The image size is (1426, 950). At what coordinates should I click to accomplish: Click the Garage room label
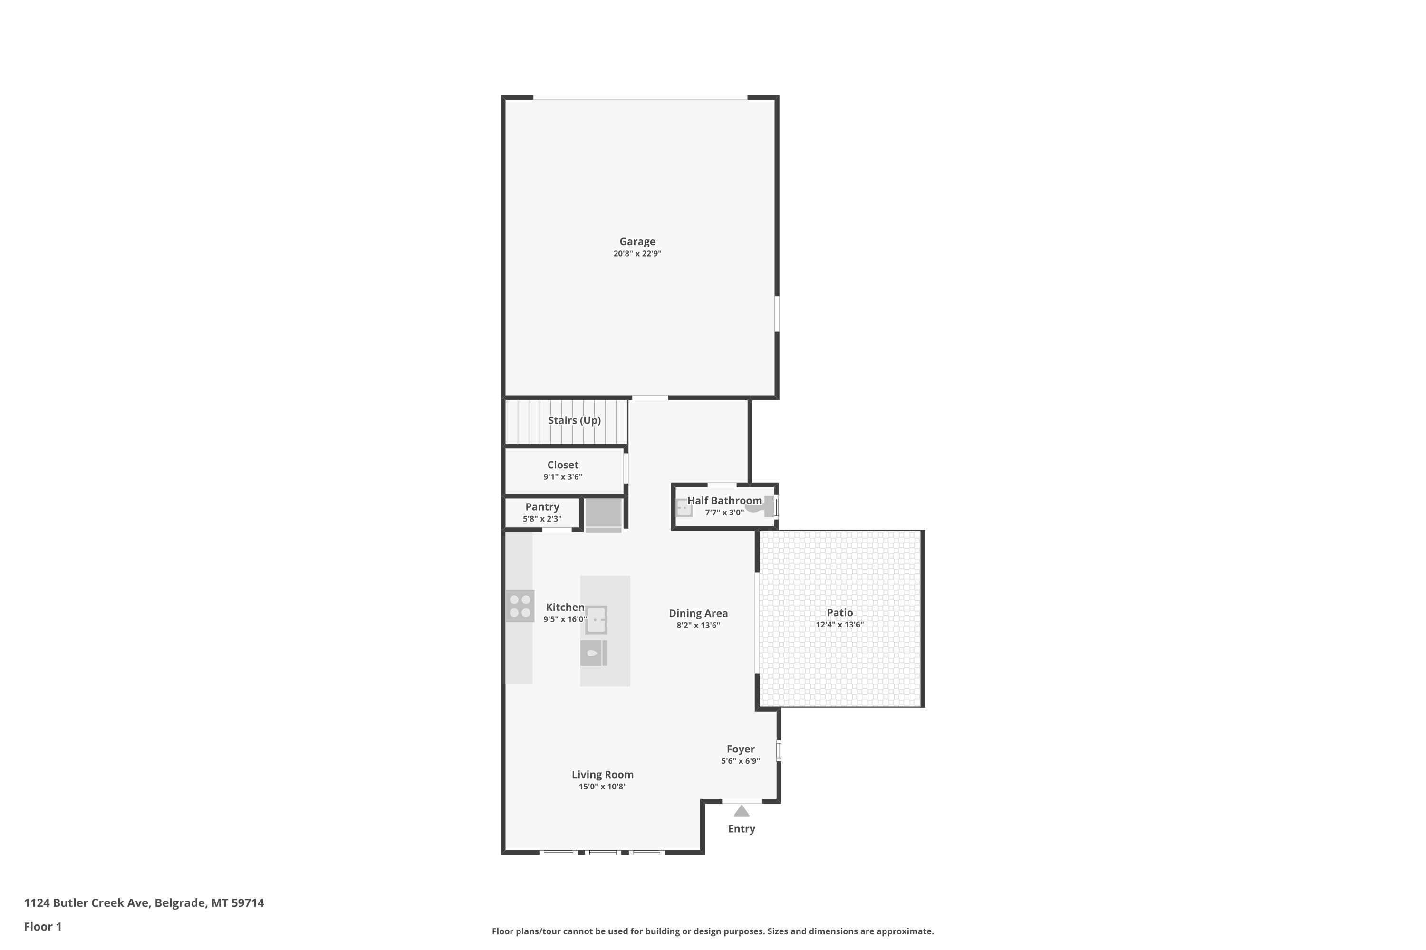[637, 242]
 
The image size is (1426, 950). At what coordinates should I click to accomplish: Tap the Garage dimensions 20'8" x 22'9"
[637, 254]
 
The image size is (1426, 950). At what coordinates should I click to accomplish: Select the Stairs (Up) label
[574, 420]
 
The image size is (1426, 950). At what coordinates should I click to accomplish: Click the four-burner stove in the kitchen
[520, 606]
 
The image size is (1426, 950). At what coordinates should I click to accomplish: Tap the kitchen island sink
[596, 620]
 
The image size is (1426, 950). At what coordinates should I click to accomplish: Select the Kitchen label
[565, 607]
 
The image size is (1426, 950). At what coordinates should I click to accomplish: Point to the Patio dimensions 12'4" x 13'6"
[840, 625]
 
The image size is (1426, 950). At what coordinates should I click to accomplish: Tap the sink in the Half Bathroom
[684, 508]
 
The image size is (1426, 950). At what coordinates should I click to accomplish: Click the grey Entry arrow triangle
[742, 811]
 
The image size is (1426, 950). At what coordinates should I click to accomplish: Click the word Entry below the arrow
[742, 829]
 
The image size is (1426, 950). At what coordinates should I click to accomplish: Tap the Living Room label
[603, 774]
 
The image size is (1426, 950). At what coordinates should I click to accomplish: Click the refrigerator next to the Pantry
[603, 515]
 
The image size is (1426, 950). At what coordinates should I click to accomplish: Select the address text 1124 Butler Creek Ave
[86, 903]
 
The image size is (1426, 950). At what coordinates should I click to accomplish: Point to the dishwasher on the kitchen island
[594, 653]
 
